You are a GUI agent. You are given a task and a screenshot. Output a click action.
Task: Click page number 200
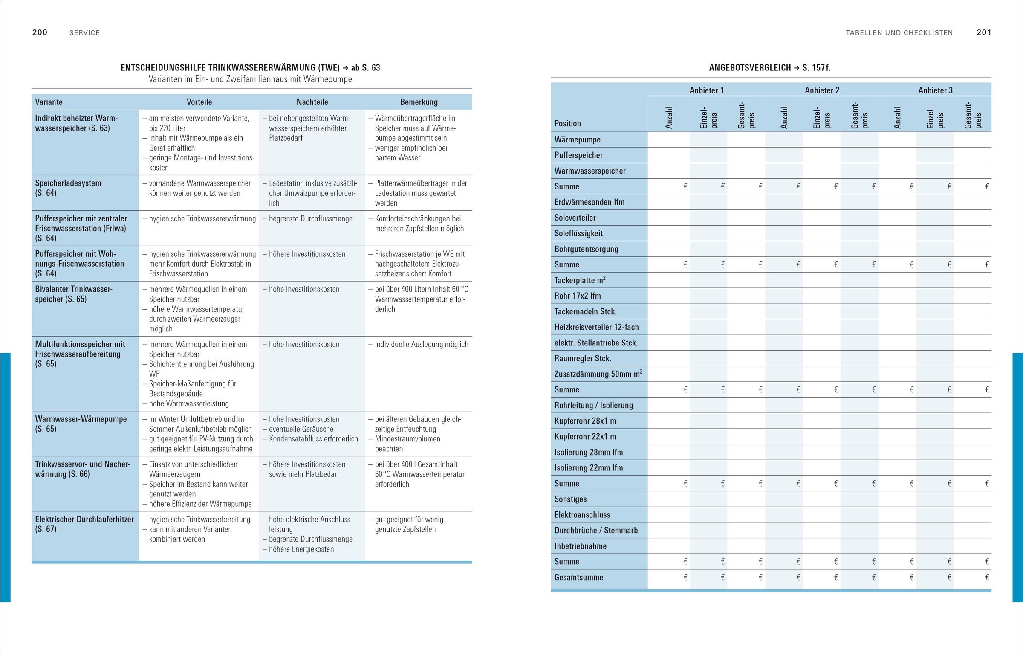40,32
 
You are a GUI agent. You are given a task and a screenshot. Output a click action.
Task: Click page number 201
984,32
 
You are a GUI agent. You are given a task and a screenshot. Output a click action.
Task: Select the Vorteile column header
199,102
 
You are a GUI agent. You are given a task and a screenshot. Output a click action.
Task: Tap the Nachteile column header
312,102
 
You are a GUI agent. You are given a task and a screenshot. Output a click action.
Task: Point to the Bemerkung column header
419,102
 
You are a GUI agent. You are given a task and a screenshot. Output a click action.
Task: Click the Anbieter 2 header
822,90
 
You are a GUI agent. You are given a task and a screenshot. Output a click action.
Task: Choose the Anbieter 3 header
935,90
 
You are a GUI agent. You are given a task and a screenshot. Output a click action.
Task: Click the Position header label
567,123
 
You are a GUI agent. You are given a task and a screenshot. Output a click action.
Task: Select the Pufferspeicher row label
578,155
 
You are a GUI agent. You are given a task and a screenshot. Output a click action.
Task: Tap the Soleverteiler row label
575,218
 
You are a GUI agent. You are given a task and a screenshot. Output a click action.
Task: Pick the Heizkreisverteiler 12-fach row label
596,327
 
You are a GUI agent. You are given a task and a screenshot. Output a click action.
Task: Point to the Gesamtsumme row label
578,578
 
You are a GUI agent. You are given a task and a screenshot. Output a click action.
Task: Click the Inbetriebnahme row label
580,546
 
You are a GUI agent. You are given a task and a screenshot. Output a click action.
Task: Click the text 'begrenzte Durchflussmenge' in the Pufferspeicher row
310,219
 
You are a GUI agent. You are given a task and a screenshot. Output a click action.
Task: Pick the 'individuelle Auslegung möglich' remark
421,344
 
